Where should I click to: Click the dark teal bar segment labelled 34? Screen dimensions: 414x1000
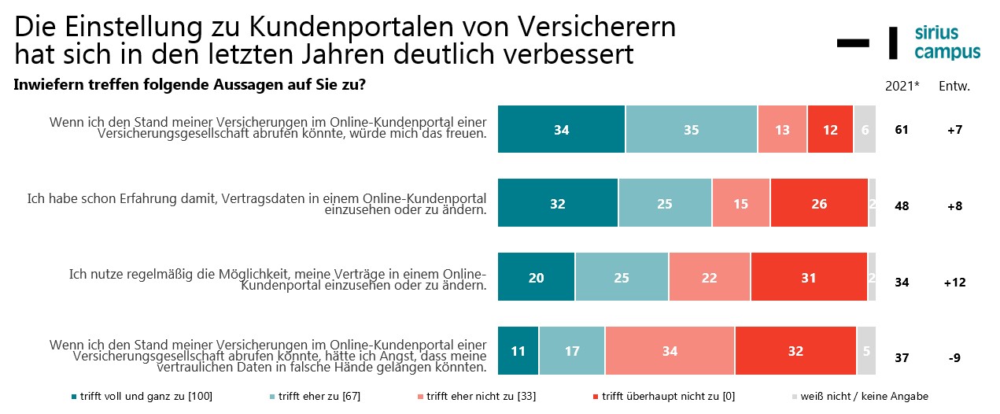pos(562,130)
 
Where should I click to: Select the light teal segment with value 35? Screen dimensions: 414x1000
pos(692,130)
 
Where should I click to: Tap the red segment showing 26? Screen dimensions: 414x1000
pos(819,204)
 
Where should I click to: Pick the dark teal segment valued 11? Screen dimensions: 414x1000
pos(518,351)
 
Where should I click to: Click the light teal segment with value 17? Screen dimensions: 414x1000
pos(572,351)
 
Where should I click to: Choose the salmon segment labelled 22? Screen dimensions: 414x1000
pos(710,277)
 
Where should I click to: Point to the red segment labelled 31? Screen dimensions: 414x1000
pos(809,277)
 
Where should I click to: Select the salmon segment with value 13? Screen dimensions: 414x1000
pos(782,130)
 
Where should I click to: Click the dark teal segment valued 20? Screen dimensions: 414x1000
pos(537,277)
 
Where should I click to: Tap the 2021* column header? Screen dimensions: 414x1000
pos(903,86)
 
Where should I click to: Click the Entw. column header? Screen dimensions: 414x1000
pos(954,86)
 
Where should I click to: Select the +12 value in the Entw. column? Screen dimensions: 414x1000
pos(954,283)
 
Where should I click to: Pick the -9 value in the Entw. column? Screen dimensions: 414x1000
pos(954,357)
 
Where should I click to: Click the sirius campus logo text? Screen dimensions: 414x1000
pos(947,43)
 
